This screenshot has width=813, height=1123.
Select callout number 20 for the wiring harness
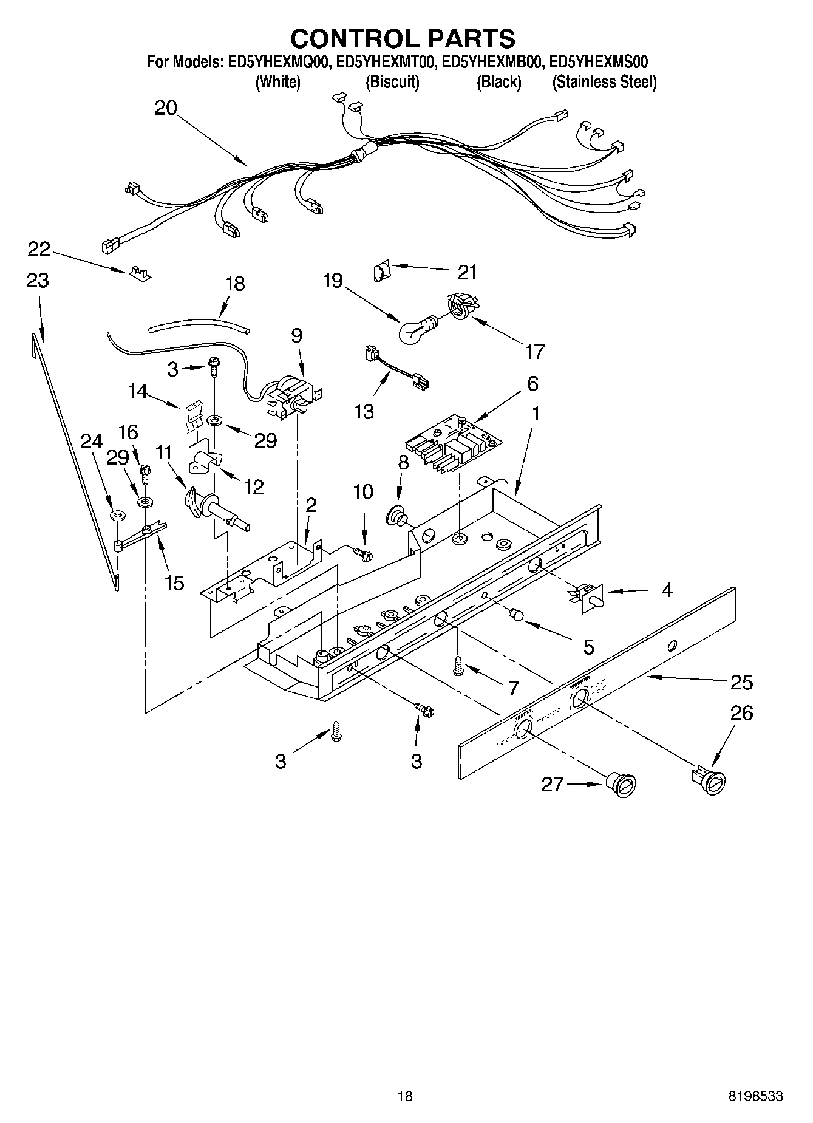[x=165, y=108]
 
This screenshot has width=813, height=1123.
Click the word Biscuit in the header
[x=392, y=83]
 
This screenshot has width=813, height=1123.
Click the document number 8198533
[x=755, y=1096]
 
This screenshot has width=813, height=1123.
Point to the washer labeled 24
[x=117, y=516]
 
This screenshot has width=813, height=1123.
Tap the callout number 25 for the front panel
[x=741, y=683]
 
